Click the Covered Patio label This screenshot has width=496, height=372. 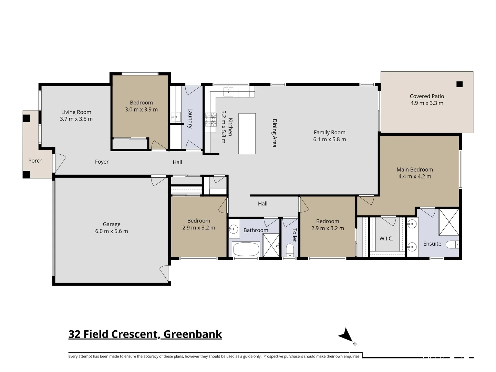(x=427, y=100)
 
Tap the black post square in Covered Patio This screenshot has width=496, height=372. (x=459, y=84)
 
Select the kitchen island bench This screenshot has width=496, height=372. (x=247, y=134)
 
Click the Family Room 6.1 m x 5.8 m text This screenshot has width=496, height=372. (x=329, y=136)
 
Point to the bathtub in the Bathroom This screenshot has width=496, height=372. (x=246, y=249)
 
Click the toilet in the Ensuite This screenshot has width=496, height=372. (x=452, y=245)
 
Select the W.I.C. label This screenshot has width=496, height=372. (x=386, y=238)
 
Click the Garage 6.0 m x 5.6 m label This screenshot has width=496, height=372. (x=112, y=228)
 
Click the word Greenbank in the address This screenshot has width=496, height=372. (x=193, y=334)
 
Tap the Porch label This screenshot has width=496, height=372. (x=35, y=161)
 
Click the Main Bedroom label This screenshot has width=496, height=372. (x=415, y=173)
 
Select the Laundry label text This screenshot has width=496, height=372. (x=190, y=118)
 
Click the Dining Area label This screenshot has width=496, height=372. (x=275, y=133)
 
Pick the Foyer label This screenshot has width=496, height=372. (x=102, y=162)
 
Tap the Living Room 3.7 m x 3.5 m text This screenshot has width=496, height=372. (x=76, y=115)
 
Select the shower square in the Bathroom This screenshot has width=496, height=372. (x=271, y=245)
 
